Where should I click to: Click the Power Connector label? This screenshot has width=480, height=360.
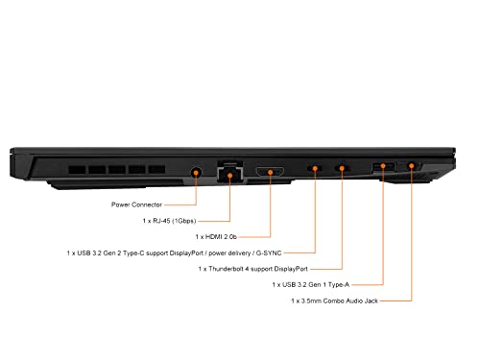pos(136,204)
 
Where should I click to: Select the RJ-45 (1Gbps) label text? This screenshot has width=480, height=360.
pos(169,221)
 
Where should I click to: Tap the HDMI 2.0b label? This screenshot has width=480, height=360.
pos(216,237)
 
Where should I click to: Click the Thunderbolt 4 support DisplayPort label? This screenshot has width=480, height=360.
pos(252,269)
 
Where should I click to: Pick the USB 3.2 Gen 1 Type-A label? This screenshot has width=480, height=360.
pos(311,284)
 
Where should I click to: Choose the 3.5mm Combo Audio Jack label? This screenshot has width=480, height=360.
pos(334,300)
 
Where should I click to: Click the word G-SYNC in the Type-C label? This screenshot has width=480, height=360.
pos(269,253)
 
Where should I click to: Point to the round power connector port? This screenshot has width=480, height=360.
pos(196,173)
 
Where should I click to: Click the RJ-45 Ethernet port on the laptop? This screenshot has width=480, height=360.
pos(229,172)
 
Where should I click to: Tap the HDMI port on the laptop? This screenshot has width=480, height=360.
pos(270,172)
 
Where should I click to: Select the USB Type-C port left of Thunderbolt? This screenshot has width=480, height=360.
pos(315,168)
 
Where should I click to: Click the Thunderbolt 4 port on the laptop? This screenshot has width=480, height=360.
pos(342,168)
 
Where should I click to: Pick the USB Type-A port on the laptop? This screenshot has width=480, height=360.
pos(383,166)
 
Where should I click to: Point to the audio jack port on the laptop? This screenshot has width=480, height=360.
pos(412,166)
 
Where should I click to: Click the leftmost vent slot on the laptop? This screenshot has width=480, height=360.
pos(78,170)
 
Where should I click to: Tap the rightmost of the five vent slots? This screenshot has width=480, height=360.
pos(156,169)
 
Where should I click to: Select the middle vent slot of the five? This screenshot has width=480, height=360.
pos(117,170)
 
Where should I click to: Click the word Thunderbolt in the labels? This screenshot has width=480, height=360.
pos(226,269)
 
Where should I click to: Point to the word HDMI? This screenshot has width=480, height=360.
pos(213,237)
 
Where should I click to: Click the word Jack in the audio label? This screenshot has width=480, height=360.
pos(372,300)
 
